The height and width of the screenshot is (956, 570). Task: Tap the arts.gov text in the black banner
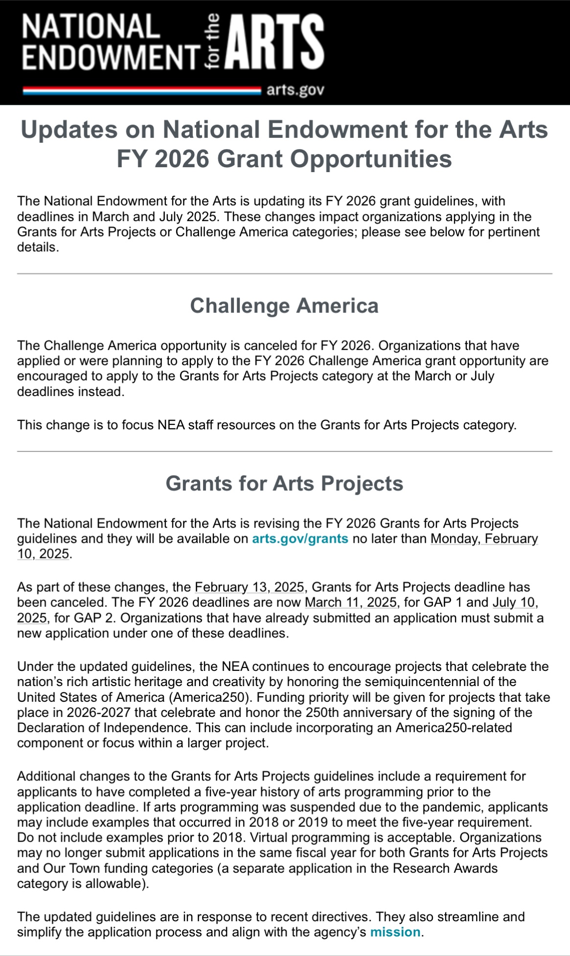coord(295,90)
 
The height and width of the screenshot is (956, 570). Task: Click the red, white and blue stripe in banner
coord(142,90)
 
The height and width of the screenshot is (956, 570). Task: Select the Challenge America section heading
coord(284,306)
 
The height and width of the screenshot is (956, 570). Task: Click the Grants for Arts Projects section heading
coord(284,483)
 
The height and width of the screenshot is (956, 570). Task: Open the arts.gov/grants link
coord(300,539)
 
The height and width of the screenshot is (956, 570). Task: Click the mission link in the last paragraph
coord(395,932)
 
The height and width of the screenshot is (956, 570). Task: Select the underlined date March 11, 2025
coord(350,602)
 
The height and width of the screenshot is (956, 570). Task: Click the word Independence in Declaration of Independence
coord(145,728)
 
